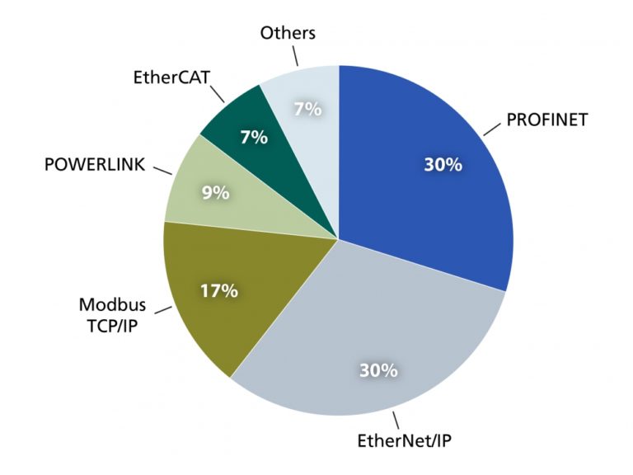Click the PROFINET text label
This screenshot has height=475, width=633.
(547, 120)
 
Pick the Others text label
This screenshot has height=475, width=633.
(288, 34)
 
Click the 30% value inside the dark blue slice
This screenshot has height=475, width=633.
(443, 165)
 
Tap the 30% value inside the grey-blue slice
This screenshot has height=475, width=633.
(378, 370)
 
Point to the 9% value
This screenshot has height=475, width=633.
(215, 193)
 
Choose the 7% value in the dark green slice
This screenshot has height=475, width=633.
(254, 137)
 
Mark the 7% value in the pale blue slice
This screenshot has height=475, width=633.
(307, 108)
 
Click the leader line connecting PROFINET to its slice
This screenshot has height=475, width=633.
(492, 129)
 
